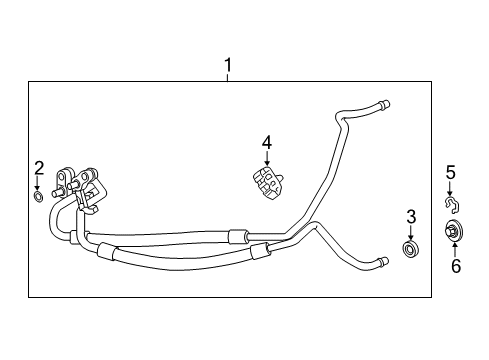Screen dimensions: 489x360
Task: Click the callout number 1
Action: (228, 66)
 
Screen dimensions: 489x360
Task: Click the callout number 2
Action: (38, 167)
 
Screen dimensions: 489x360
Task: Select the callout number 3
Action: (410, 216)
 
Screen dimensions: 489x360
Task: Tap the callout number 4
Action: (267, 143)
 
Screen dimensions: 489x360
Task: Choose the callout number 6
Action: (456, 266)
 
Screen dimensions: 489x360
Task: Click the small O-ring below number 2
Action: (38, 197)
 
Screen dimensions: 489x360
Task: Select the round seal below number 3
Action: (409, 247)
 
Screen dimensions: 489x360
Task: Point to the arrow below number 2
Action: (38, 183)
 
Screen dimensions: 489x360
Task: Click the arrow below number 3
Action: (410, 232)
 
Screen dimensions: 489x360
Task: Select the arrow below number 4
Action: (267, 159)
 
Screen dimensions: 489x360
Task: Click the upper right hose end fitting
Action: (383, 102)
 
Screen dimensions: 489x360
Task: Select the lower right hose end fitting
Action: (379, 263)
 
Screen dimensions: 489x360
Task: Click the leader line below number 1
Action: (228, 78)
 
